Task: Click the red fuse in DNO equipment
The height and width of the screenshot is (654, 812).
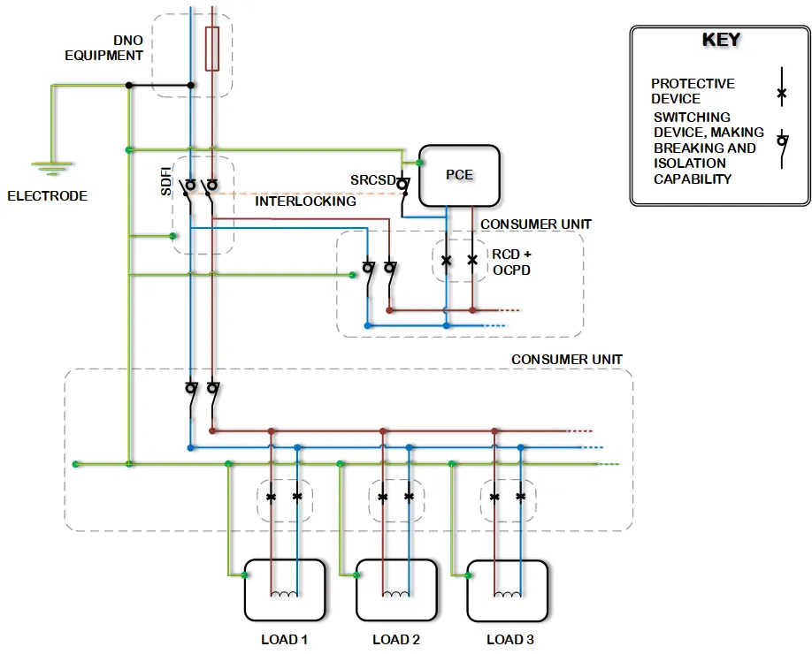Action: pos(212,49)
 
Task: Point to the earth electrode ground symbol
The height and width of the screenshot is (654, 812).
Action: pos(51,169)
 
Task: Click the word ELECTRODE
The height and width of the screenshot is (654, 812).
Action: pos(47,196)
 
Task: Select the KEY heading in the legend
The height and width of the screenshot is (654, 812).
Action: pos(721,40)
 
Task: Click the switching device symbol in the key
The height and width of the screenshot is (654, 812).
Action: pos(782,149)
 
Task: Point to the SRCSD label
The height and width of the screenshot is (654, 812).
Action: pos(373,180)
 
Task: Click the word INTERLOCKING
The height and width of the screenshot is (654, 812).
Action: pos(305,202)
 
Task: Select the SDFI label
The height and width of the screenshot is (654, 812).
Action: pos(165,181)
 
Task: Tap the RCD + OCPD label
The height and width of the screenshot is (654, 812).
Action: pos(511,262)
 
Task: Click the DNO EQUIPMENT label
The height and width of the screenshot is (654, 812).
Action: pos(103,48)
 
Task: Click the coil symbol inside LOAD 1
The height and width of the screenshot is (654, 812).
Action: pos(284,594)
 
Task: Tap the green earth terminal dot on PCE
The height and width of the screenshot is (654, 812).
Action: pos(419,163)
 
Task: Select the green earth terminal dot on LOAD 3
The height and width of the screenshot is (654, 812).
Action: pos(468,575)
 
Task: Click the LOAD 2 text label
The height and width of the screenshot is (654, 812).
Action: pos(396,640)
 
